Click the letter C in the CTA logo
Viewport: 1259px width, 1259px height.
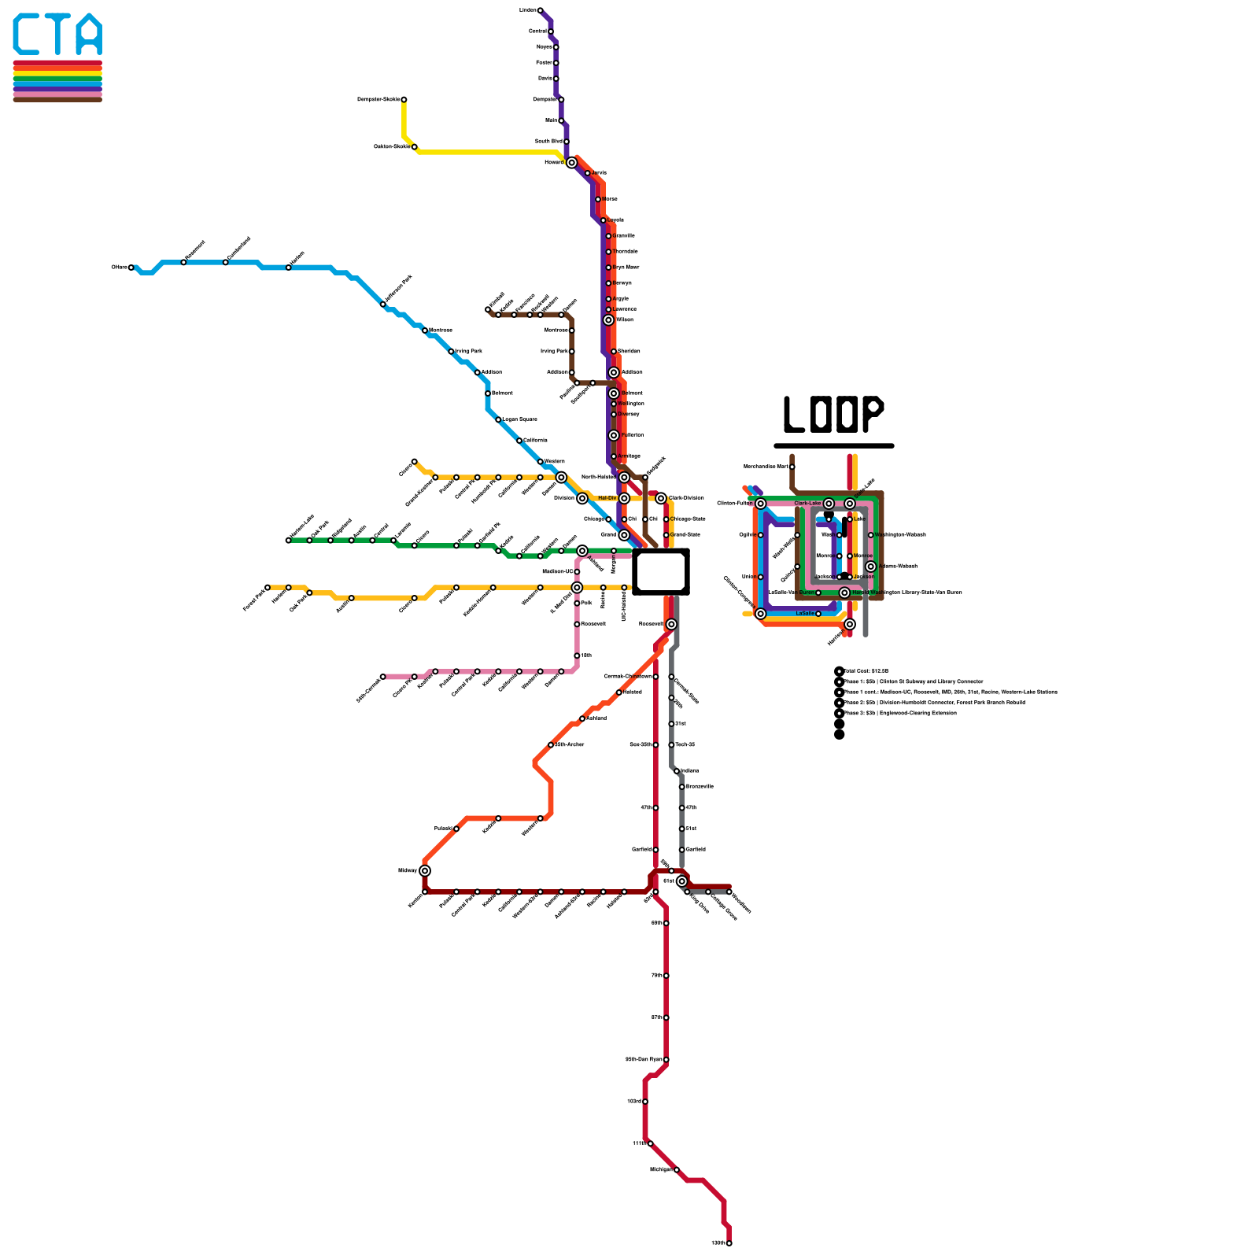tap(27, 35)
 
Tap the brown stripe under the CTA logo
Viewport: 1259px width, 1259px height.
tap(57, 99)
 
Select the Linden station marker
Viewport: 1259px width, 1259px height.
tap(540, 10)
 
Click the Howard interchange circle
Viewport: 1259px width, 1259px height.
tap(572, 163)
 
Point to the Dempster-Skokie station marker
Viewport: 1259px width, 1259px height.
tap(404, 100)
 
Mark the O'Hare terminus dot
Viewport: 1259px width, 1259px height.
tap(131, 268)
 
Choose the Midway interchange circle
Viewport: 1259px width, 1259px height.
tap(425, 870)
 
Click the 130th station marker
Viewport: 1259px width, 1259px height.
tap(729, 1243)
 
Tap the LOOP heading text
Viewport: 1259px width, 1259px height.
tap(833, 414)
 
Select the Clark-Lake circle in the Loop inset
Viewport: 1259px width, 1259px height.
tap(829, 504)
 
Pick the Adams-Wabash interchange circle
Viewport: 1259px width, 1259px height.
tap(870, 567)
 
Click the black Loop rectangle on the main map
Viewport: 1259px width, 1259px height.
tap(661, 572)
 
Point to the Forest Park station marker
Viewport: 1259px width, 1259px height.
tap(268, 587)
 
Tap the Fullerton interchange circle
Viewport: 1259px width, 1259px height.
tap(614, 435)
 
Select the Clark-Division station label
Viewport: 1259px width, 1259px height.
tap(686, 498)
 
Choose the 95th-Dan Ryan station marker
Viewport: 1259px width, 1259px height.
tap(666, 1060)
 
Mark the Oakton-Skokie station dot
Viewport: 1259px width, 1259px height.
tap(415, 147)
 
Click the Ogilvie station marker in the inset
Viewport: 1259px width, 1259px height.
tap(761, 535)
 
